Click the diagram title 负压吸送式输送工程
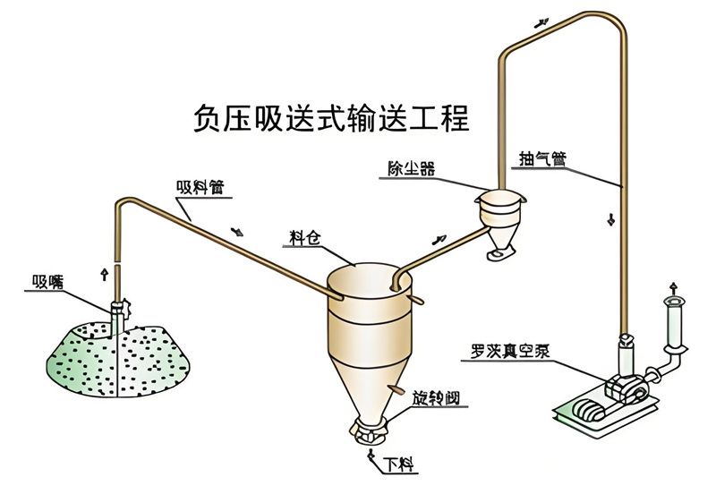click(x=331, y=118)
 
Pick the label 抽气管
click(x=543, y=159)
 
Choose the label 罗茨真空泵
click(x=510, y=351)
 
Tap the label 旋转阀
click(x=436, y=398)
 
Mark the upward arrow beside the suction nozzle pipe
click(x=105, y=275)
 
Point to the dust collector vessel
click(x=500, y=224)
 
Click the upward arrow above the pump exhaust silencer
click(x=674, y=288)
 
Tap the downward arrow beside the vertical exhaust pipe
click(x=610, y=219)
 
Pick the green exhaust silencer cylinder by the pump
click(x=675, y=322)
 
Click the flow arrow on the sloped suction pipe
click(x=237, y=232)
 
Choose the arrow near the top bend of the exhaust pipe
click(x=541, y=23)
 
